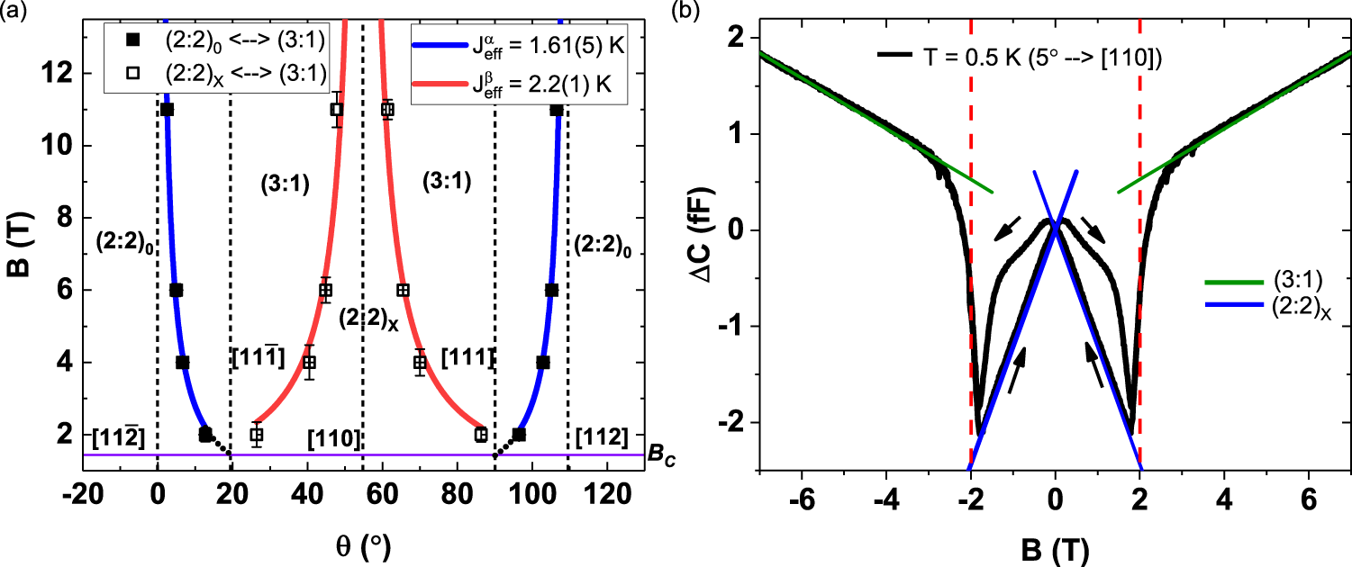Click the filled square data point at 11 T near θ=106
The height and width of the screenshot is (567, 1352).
click(556, 110)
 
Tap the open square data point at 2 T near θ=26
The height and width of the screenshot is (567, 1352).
click(257, 435)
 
